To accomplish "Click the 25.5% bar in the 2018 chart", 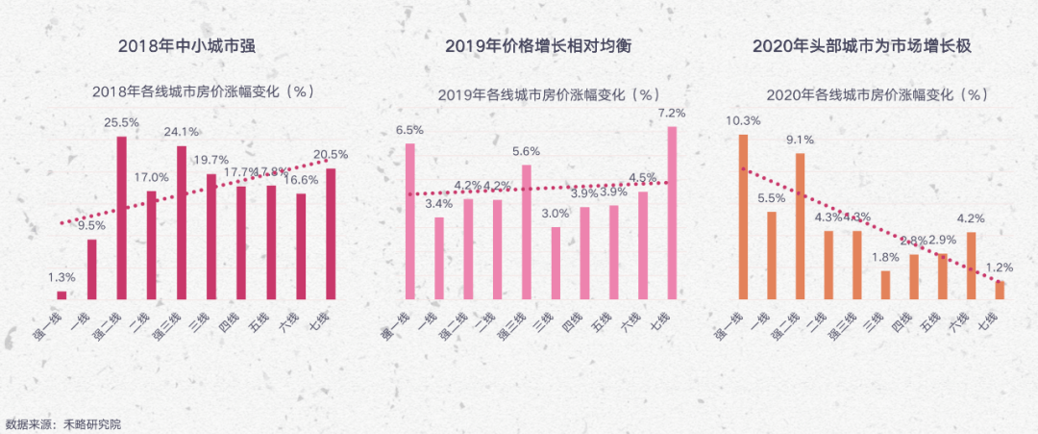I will [x=122, y=217].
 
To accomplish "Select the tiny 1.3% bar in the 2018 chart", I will [x=62, y=294].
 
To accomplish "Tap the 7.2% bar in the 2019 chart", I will [x=672, y=213].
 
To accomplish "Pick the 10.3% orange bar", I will [x=743, y=217].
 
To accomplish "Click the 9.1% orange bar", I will [x=800, y=226].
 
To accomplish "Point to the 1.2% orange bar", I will [x=1001, y=290].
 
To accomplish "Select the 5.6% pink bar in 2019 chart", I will [x=527, y=232].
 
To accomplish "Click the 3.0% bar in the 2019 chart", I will [x=556, y=263].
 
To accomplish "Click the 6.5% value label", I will [x=409, y=130].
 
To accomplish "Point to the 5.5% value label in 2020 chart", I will [x=771, y=198].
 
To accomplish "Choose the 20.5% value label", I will [x=330, y=155].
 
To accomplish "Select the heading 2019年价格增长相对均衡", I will [x=537, y=46].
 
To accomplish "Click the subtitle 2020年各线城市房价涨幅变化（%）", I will [x=877, y=94].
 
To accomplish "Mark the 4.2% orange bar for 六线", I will [x=972, y=266].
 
